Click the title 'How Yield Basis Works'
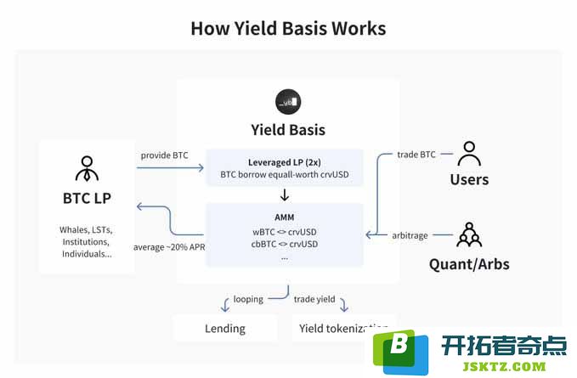(x=288, y=28)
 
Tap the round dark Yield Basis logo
(x=288, y=101)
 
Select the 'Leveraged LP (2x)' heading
(x=285, y=162)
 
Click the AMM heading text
(x=285, y=217)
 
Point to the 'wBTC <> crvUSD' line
(x=285, y=232)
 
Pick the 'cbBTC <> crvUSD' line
(x=285, y=244)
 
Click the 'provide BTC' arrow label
(x=165, y=155)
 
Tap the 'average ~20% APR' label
(x=169, y=247)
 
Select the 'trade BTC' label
(x=416, y=155)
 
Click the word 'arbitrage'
(x=410, y=235)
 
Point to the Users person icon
(x=469, y=154)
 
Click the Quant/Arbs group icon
(x=469, y=234)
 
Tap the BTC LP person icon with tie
(x=88, y=168)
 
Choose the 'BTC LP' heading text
(x=87, y=198)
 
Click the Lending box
(x=225, y=328)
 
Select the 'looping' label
(x=248, y=299)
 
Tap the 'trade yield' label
(x=314, y=299)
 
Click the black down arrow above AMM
(x=285, y=195)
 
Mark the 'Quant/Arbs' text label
(x=469, y=264)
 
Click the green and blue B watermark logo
(x=401, y=352)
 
